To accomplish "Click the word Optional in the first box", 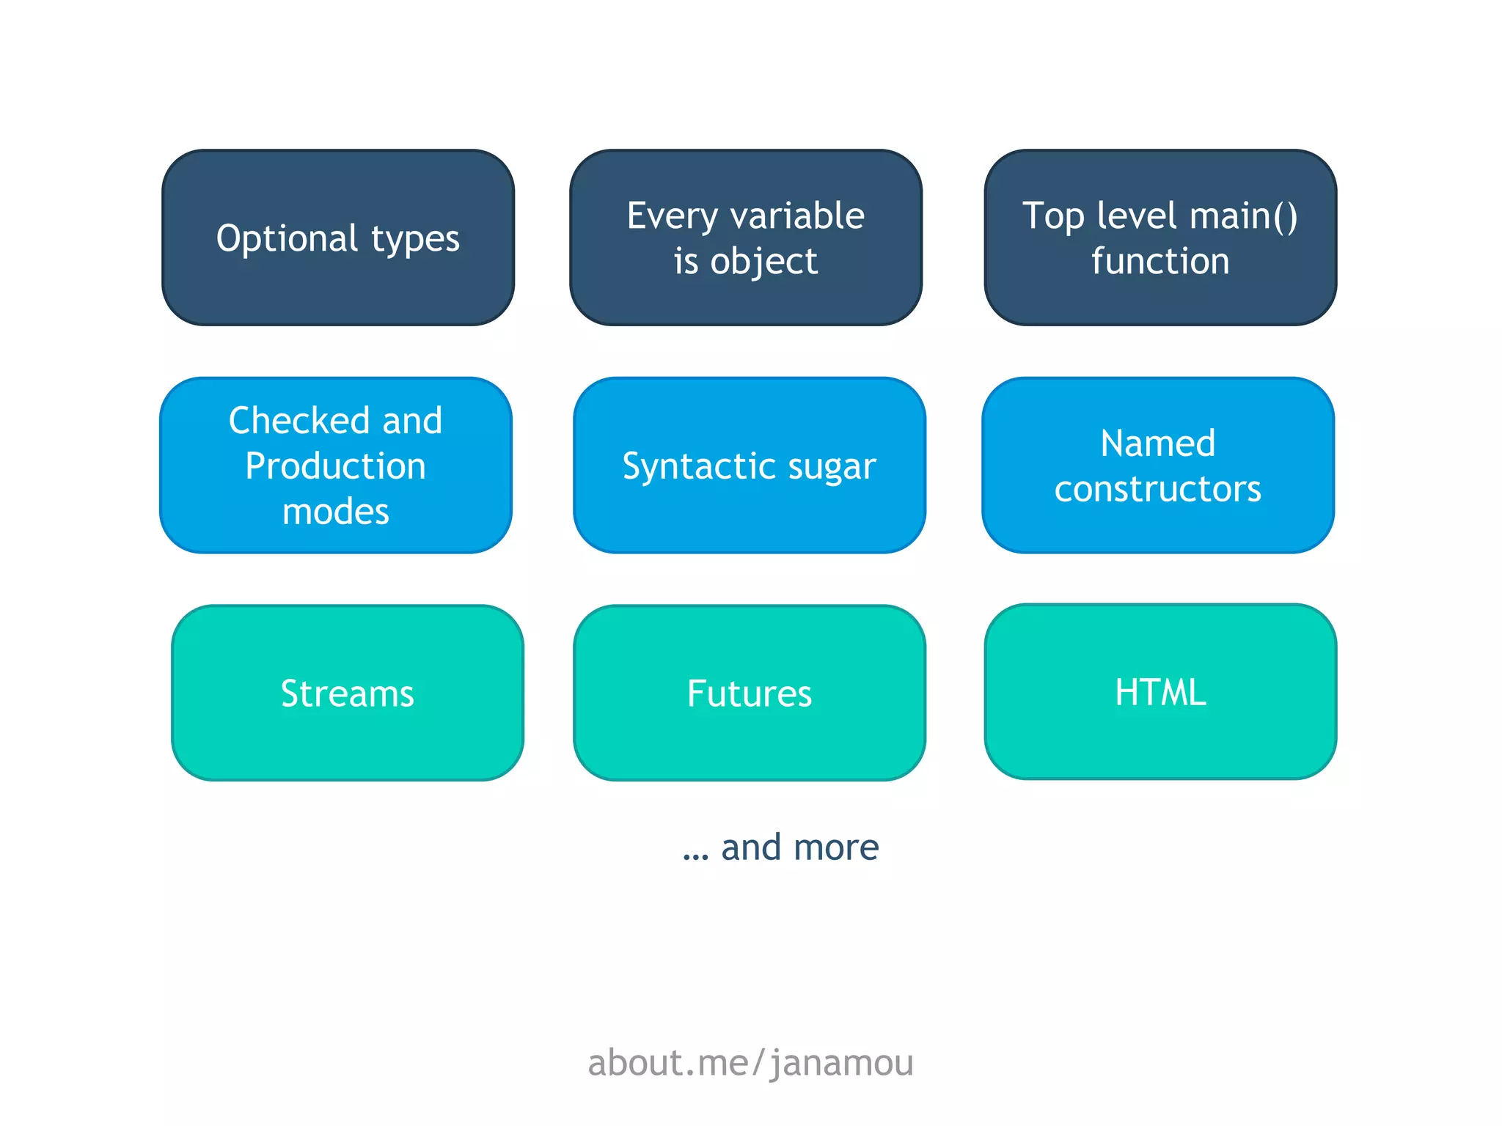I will (287, 238).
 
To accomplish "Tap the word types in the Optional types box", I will (415, 240).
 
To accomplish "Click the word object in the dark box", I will (763, 262).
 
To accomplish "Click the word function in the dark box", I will (1160, 261).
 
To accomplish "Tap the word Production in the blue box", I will (335, 466).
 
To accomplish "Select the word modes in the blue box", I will (335, 512).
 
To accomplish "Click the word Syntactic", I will (689, 466).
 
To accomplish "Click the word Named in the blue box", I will (1157, 444).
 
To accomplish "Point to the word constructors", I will (1157, 489).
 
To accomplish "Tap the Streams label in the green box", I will (347, 693).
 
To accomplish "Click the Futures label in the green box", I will (749, 693).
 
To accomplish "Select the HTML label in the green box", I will (1160, 692).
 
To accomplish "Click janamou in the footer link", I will (842, 1063).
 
